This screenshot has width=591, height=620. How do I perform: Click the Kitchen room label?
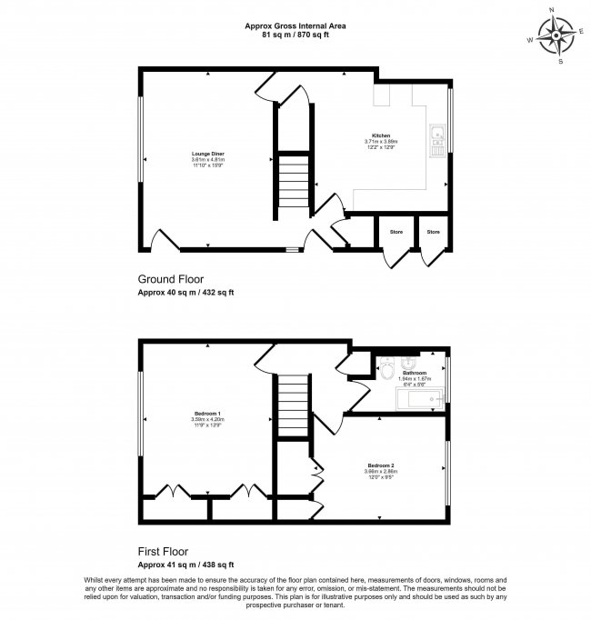(x=381, y=135)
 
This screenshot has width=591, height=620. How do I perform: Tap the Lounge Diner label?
(x=208, y=154)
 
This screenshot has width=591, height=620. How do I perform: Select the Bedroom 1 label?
(x=207, y=414)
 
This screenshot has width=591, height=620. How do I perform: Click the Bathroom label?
(x=415, y=373)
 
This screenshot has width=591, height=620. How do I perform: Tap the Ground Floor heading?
(x=170, y=279)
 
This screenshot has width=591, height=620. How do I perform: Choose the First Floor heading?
(x=165, y=551)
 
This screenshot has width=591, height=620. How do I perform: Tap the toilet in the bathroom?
(x=388, y=370)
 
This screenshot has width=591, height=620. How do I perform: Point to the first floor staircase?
(x=293, y=405)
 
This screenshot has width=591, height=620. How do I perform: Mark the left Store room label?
(x=396, y=232)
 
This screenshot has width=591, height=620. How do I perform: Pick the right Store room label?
(x=434, y=232)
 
